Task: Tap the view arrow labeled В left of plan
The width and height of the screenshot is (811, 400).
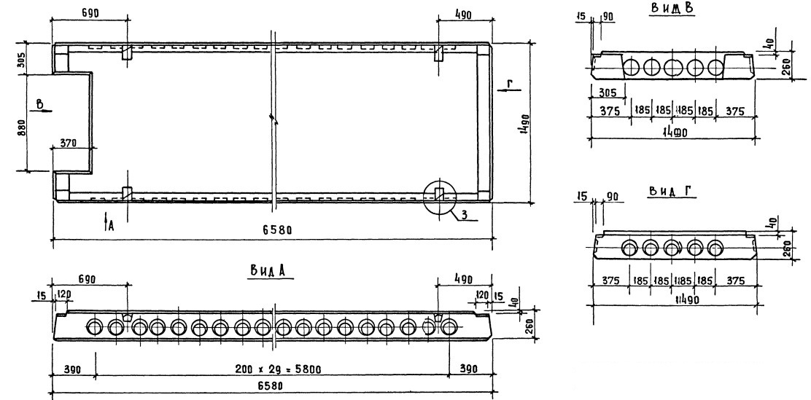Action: click(41, 106)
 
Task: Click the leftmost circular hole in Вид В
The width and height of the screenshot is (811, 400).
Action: click(632, 68)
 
